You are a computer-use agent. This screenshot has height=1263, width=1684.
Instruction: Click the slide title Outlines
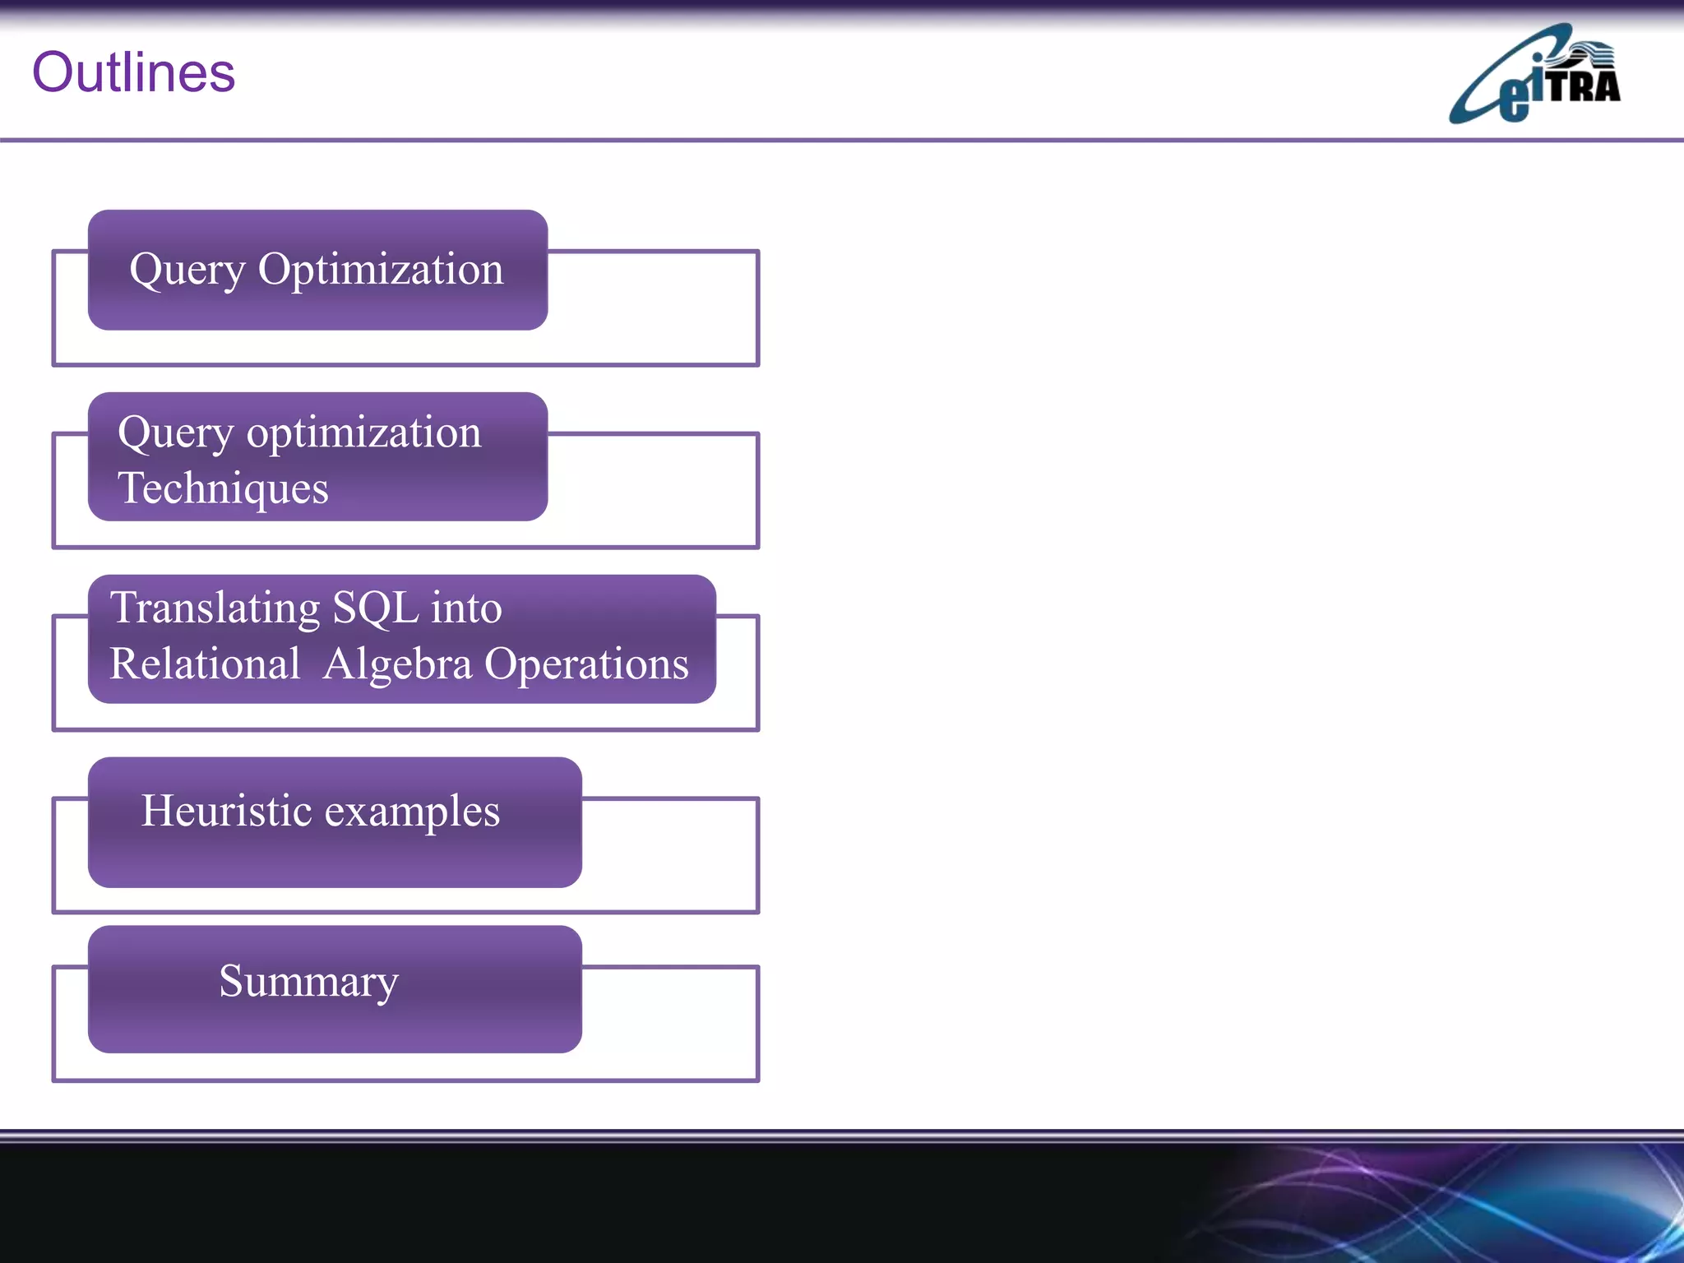[133, 72]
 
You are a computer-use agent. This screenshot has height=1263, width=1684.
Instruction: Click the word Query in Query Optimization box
[187, 270]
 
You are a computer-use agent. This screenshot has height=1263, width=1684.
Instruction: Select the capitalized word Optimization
[380, 270]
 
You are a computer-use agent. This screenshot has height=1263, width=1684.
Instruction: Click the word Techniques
[223, 488]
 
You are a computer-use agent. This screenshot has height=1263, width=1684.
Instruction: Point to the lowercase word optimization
[363, 433]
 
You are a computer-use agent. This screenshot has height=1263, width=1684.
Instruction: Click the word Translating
[215, 609]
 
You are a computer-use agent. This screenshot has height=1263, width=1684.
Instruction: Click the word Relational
[205, 664]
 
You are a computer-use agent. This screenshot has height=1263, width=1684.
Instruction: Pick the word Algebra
[397, 664]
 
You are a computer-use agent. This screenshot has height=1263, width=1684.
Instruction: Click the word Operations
[586, 664]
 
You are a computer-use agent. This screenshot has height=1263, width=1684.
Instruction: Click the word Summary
[308, 982]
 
